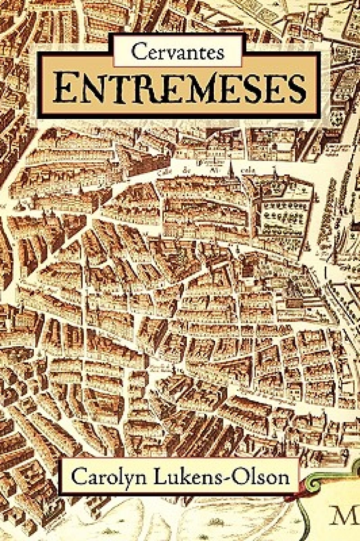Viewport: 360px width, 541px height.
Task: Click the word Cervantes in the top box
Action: (178, 52)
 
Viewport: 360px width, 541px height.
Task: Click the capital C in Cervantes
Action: (138, 52)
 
